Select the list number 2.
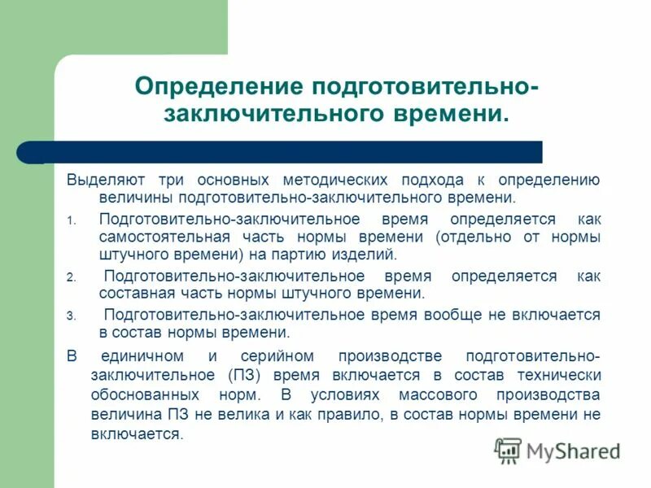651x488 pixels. (x=71, y=277)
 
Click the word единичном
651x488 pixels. (x=138, y=356)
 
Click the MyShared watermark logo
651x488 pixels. (x=557, y=450)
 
